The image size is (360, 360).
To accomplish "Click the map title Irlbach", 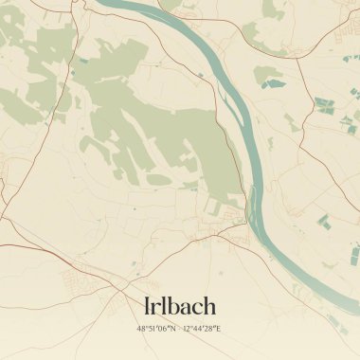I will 180,305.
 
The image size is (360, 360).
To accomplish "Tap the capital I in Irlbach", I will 146,305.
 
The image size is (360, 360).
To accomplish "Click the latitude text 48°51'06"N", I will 156,329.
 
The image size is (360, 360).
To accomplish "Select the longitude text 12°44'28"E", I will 203,329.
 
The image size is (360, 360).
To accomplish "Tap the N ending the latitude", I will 174,329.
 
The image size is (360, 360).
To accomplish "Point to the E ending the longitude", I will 221,329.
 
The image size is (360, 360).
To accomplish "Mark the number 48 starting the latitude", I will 141,329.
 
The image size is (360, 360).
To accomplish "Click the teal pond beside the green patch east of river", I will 275,83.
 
